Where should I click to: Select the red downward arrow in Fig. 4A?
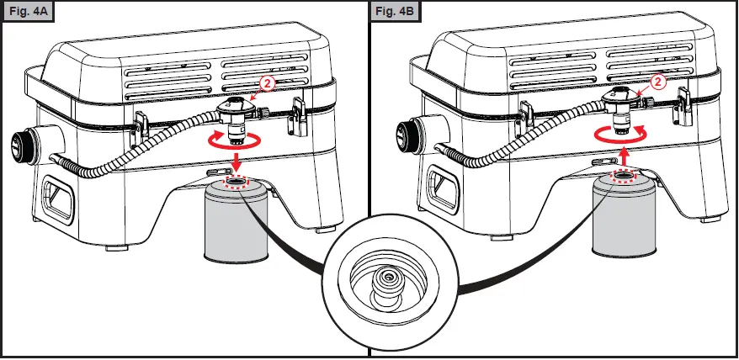click(238, 161)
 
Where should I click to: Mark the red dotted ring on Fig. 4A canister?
click(237, 183)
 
